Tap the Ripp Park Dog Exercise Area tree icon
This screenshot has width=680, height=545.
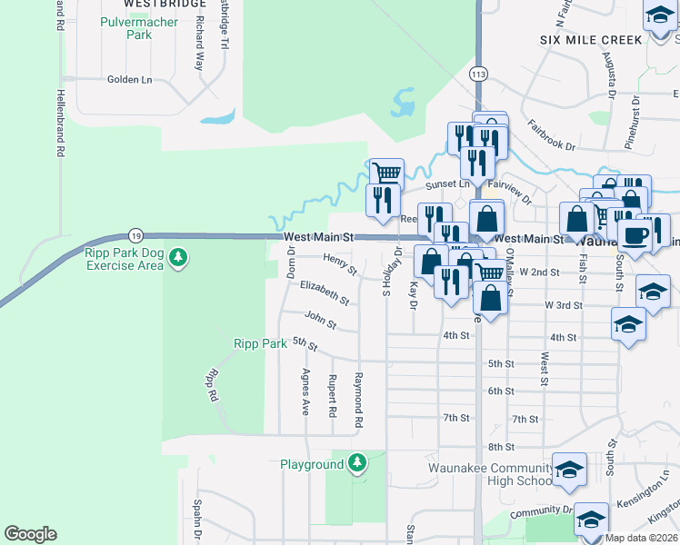(179, 259)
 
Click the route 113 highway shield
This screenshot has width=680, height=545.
(478, 73)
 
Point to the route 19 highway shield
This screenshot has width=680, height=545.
(135, 233)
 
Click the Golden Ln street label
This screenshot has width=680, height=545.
(129, 80)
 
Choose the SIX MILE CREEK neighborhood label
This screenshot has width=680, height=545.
(591, 40)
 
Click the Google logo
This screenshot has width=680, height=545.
(30, 534)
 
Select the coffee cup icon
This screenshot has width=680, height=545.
(635, 234)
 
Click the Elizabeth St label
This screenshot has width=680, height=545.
(325, 291)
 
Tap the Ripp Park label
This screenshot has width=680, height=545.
(260, 344)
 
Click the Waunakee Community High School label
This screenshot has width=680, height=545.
(490, 475)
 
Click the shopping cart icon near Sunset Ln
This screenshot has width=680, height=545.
(387, 172)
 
